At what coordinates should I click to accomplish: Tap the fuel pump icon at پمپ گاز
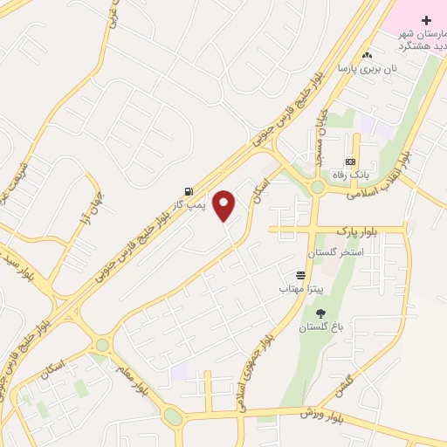point(189,191)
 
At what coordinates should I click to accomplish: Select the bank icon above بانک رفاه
point(350,162)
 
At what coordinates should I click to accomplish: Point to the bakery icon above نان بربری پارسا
point(367,55)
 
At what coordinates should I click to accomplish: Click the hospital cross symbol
point(425,19)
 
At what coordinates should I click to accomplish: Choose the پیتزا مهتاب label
point(301,287)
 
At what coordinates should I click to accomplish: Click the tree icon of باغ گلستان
point(320,313)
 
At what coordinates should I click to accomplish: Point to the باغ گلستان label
point(320,327)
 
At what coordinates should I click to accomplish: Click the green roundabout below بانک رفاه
point(317,186)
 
